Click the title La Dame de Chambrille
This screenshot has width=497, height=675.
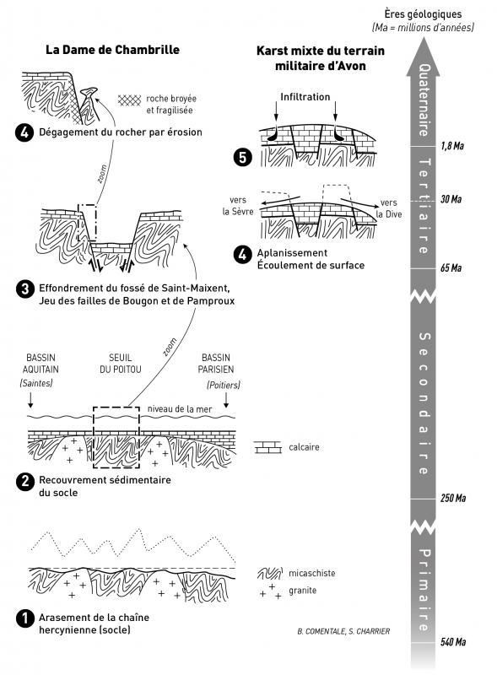pyautogui.click(x=112, y=50)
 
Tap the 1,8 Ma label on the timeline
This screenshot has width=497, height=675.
pyautogui.click(x=452, y=146)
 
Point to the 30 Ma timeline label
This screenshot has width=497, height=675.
pyautogui.click(x=451, y=199)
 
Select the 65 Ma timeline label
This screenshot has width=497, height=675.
pyautogui.click(x=451, y=267)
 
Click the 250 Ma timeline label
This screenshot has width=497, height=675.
pyautogui.click(x=453, y=498)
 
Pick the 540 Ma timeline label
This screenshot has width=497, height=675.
pyautogui.click(x=453, y=642)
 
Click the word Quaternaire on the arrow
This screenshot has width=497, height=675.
pyautogui.click(x=424, y=100)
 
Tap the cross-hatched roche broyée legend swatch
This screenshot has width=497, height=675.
pyautogui.click(x=129, y=100)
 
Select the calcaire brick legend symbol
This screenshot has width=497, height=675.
pyautogui.click(x=267, y=447)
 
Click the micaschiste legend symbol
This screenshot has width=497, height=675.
pyautogui.click(x=270, y=573)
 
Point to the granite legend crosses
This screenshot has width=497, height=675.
pyautogui.click(x=270, y=591)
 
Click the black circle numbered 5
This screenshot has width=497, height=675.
pyautogui.click(x=242, y=158)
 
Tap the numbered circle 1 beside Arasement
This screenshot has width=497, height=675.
pyautogui.click(x=24, y=618)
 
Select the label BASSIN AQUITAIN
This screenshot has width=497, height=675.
pyautogui.click(x=41, y=364)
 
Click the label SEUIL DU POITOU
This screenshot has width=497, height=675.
pyautogui.click(x=121, y=364)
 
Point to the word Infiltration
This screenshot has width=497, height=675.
pyautogui.click(x=305, y=97)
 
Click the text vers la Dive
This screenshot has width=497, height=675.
pyautogui.click(x=389, y=208)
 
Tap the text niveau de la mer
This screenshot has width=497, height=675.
pyautogui.click(x=180, y=409)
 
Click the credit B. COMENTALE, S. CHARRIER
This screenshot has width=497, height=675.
pyautogui.click(x=343, y=631)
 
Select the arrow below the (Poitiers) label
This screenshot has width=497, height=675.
pyautogui.click(x=226, y=399)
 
